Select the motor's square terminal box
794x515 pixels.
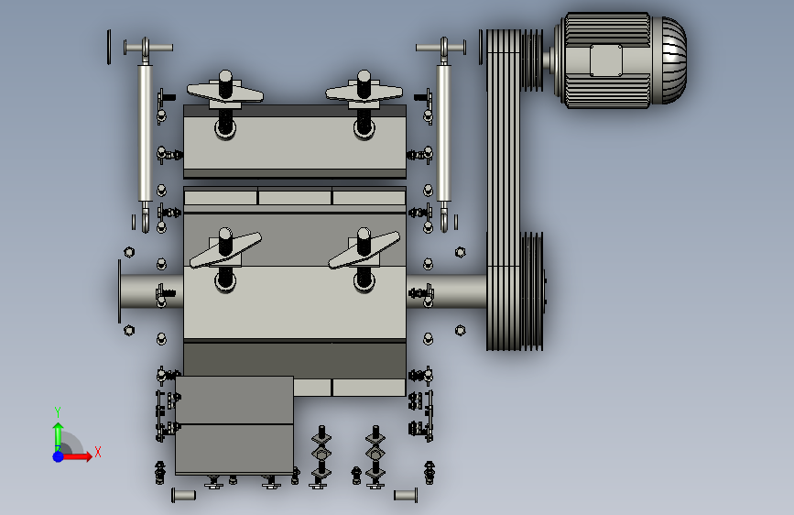point(606,60)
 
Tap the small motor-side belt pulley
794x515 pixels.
point(532,60)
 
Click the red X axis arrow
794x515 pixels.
point(76,456)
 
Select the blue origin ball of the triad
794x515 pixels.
point(59,456)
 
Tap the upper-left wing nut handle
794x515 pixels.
point(225,93)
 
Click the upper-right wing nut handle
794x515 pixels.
point(364,93)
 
